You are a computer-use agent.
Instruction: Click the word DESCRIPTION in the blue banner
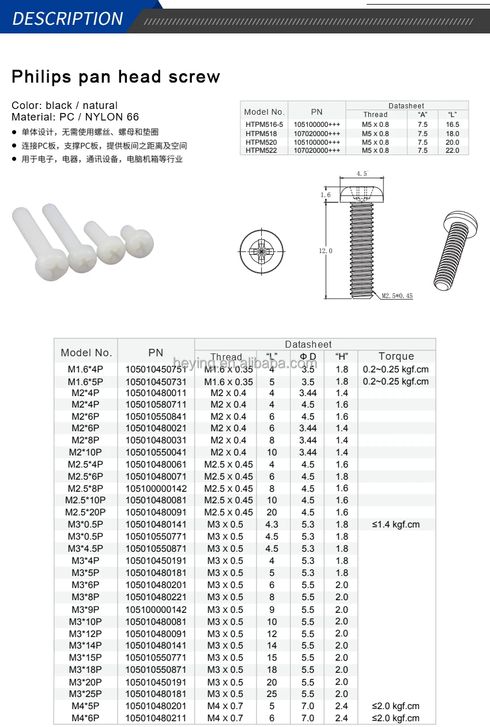click(x=67, y=18)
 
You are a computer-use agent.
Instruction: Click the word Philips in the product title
click(x=42, y=77)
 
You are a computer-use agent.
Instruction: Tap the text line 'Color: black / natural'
click(x=65, y=106)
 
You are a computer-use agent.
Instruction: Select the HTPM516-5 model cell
click(x=264, y=125)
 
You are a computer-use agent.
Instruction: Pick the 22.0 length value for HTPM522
click(x=453, y=150)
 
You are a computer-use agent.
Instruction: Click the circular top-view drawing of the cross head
click(x=262, y=251)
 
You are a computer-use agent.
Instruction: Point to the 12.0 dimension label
click(x=326, y=251)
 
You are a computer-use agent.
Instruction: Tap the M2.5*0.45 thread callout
click(x=397, y=296)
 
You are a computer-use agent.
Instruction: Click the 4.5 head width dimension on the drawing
click(x=361, y=174)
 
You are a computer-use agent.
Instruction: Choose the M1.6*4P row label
click(x=85, y=369)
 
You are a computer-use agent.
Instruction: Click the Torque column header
click(x=396, y=356)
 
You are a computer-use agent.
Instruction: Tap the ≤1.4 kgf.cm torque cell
click(x=396, y=525)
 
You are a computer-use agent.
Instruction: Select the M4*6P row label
click(x=85, y=718)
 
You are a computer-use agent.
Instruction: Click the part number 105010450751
click(x=156, y=369)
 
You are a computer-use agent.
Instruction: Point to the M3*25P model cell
click(x=85, y=694)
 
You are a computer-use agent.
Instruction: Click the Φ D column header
click(x=308, y=357)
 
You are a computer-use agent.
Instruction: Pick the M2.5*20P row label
click(x=85, y=513)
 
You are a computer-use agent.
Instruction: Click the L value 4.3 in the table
click(x=272, y=525)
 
